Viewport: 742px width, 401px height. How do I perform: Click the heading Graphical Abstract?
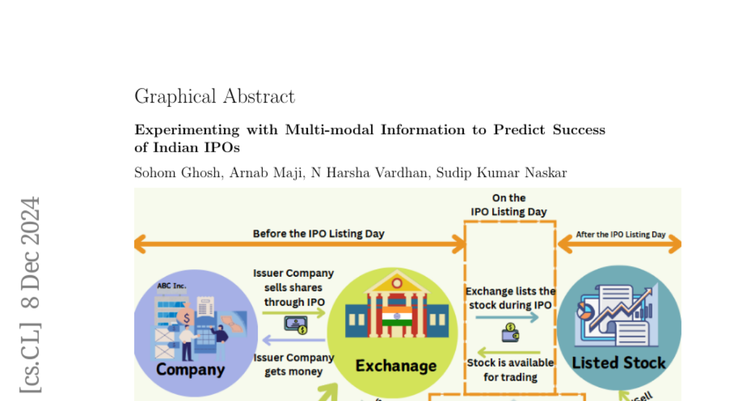click(x=215, y=97)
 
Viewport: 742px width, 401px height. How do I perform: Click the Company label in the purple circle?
click(x=190, y=369)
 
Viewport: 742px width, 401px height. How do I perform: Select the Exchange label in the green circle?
click(x=396, y=366)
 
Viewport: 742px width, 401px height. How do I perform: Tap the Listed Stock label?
click(x=619, y=363)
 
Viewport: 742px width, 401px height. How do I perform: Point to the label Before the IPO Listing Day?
click(x=318, y=234)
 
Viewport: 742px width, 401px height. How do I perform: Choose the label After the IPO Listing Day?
click(x=621, y=235)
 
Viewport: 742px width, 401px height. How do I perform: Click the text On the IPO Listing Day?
click(x=509, y=205)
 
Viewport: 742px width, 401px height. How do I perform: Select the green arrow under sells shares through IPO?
click(x=294, y=313)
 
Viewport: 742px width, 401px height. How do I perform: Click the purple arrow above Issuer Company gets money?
click(x=294, y=340)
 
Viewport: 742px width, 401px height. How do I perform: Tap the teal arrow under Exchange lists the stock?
click(x=507, y=317)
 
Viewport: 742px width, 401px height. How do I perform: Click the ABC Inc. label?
click(x=172, y=286)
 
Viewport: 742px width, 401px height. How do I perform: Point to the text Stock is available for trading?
click(x=510, y=369)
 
